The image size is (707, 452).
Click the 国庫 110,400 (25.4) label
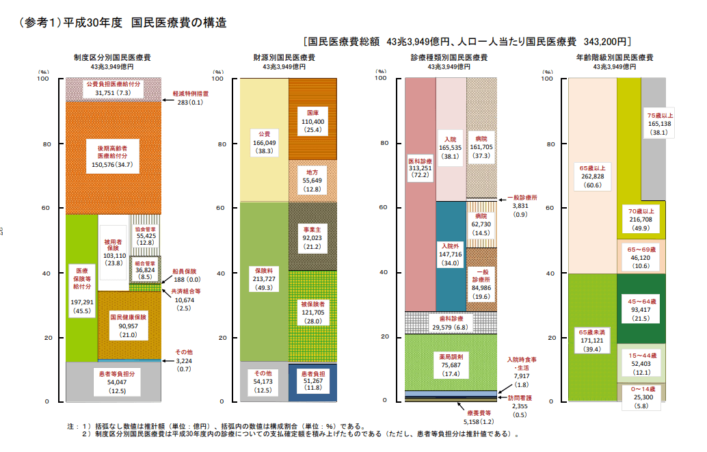tap(313, 121)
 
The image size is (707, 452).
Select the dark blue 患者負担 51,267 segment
tap(312, 382)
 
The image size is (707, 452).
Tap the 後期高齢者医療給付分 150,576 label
tap(112, 156)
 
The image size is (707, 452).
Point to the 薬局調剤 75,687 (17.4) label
tap(451, 365)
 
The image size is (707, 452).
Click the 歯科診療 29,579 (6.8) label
tap(450, 323)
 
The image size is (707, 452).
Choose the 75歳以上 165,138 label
tap(659, 124)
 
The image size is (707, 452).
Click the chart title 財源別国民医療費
tap(284, 57)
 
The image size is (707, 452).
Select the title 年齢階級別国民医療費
tap(615, 57)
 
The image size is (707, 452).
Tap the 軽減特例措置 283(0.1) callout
tap(190, 98)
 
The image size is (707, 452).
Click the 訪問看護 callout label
tap(520, 398)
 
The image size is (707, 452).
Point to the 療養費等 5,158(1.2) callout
tap(479, 417)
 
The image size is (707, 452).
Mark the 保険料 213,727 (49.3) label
tap(264, 279)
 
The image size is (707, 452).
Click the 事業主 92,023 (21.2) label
tap(312, 238)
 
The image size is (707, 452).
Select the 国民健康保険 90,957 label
tap(129, 325)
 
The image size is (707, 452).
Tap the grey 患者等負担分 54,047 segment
tap(114, 382)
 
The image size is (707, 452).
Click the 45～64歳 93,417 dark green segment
tap(641, 309)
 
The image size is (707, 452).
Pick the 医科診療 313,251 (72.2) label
tap(421, 168)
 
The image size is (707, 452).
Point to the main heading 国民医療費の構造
tap(179, 23)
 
